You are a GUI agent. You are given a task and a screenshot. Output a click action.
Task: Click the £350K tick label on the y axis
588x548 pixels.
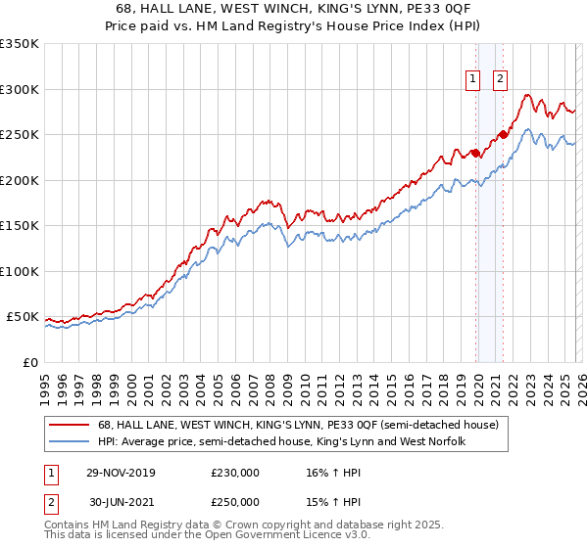[20, 44]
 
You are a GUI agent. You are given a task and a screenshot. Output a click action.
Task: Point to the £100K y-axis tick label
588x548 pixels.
[20, 271]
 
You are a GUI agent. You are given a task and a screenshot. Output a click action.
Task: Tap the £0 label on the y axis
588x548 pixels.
[29, 362]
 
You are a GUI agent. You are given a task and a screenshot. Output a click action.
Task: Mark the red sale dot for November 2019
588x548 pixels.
[475, 153]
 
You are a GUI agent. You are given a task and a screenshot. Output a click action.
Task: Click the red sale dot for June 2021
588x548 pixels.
[503, 135]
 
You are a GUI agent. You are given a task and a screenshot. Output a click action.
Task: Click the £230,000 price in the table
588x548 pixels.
[235, 473]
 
